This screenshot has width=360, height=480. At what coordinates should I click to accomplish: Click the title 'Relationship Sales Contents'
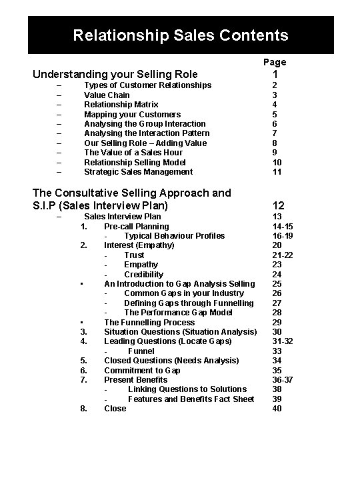[181, 35]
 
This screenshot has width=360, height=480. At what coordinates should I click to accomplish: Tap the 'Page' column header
[275, 62]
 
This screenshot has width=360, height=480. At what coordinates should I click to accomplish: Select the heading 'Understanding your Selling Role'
[115, 74]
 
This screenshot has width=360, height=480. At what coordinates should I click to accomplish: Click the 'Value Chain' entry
[107, 95]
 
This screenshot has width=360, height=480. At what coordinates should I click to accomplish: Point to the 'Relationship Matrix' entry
[121, 105]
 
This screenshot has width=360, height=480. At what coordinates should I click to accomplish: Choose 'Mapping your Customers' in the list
[132, 114]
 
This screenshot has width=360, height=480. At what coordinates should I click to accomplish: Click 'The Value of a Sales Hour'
[134, 153]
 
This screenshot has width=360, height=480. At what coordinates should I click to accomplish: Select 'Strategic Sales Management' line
[138, 171]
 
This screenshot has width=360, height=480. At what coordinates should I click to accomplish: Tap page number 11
[277, 171]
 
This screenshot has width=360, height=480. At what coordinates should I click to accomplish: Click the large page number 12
[278, 206]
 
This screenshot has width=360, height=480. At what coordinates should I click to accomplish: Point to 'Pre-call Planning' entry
[136, 226]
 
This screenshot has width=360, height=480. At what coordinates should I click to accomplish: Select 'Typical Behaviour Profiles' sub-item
[174, 235]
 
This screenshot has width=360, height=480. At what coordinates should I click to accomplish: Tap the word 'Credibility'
[143, 274]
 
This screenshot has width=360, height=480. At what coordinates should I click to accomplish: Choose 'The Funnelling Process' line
[149, 322]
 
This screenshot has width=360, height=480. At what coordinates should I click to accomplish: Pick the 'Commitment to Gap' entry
[142, 370]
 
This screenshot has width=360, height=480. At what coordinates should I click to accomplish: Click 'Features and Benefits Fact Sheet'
[191, 399]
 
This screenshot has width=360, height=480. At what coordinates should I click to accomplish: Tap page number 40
[277, 408]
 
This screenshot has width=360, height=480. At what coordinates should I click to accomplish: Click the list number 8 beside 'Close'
[84, 408]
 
